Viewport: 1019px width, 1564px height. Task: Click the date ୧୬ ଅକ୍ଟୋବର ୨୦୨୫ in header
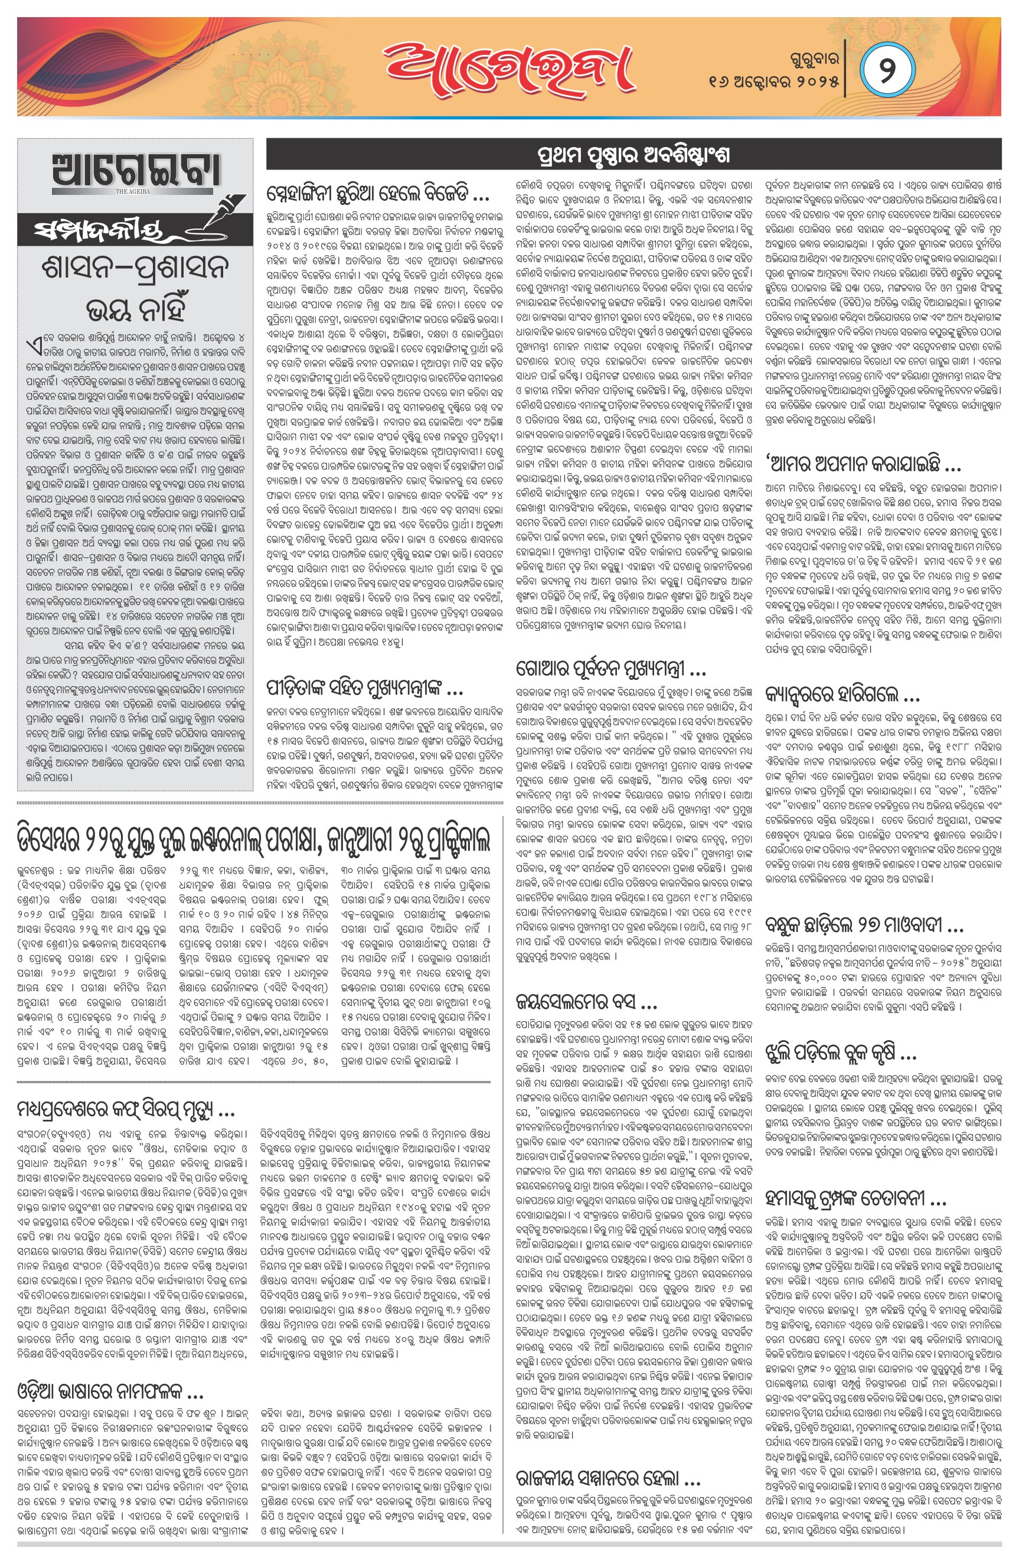click(x=774, y=83)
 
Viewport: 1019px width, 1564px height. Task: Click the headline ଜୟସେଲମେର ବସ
click(x=587, y=1003)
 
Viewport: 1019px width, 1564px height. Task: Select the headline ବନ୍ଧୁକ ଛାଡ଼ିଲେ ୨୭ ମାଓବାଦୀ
click(x=864, y=926)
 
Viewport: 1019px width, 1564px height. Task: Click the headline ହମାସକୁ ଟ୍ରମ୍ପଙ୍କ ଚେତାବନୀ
click(x=855, y=1198)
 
